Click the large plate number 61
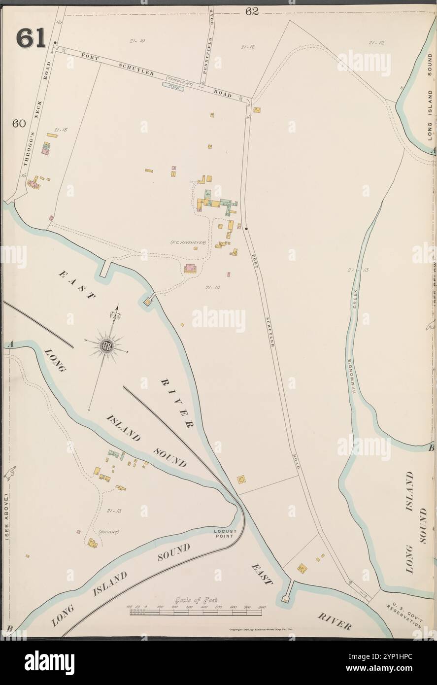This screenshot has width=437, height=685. click(31, 38)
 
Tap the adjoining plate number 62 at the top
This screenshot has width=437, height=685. click(252, 11)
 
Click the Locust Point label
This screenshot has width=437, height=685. click(226, 534)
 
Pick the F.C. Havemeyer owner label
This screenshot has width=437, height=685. click(187, 243)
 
